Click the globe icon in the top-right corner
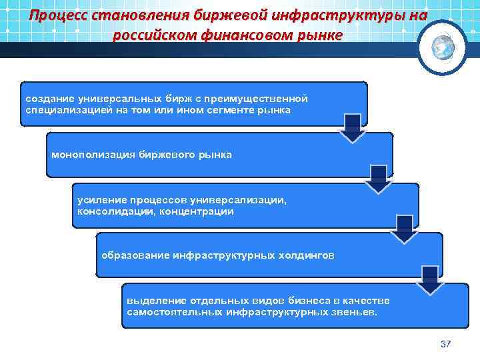(443, 47)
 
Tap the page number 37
(446, 344)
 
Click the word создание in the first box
(49, 98)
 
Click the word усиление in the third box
(98, 200)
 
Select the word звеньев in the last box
(349, 311)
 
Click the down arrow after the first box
(353, 127)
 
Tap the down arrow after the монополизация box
(379, 179)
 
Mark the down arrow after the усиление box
(404, 229)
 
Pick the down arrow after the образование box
(430, 279)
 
